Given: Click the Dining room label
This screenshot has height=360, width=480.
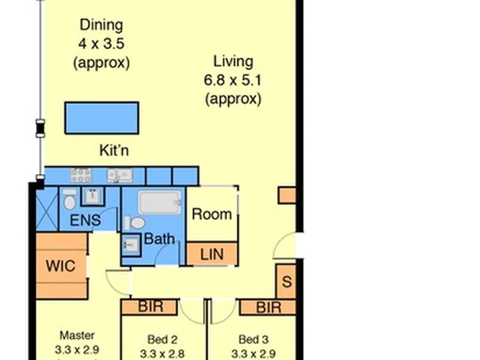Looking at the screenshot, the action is pyautogui.click(x=101, y=25).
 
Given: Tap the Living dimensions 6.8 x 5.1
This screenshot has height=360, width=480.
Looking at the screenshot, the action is pyautogui.click(x=233, y=81).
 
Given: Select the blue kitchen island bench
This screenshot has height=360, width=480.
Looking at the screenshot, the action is pyautogui.click(x=102, y=118).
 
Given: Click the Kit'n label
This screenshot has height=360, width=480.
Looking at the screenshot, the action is pyautogui.click(x=114, y=151).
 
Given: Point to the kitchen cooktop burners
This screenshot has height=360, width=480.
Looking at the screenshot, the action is pyautogui.click(x=81, y=176).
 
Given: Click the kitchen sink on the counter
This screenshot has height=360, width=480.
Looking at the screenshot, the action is pyautogui.click(x=120, y=176).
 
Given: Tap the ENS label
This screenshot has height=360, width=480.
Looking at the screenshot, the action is pyautogui.click(x=85, y=220).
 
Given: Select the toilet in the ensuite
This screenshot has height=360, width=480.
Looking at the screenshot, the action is pyautogui.click(x=70, y=199).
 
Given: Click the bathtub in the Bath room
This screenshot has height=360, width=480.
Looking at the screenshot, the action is pyautogui.click(x=160, y=203).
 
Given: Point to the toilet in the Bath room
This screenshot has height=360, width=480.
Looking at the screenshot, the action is pyautogui.click(x=135, y=223).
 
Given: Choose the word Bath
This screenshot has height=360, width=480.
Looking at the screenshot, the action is pyautogui.click(x=159, y=239).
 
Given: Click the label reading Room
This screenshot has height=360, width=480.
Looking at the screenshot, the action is pyautogui.click(x=212, y=214).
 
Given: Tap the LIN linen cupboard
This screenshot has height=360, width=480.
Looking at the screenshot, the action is pyautogui.click(x=212, y=254).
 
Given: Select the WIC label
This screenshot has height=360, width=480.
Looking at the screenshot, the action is pyautogui.click(x=61, y=266).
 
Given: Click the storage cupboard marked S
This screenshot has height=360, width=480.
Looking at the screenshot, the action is pyautogui.click(x=286, y=281).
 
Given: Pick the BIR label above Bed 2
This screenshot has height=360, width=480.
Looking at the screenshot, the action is pyautogui.click(x=151, y=307).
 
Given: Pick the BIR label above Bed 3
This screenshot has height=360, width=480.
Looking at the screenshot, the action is pyautogui.click(x=269, y=307).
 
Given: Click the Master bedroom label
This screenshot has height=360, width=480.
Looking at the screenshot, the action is pyautogui.click(x=77, y=335).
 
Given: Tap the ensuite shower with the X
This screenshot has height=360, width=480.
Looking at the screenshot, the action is pyautogui.click(x=47, y=209).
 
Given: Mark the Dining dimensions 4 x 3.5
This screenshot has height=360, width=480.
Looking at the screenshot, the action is pyautogui.click(x=101, y=44).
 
